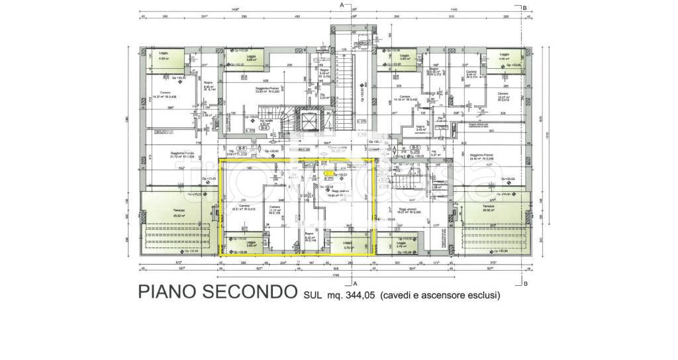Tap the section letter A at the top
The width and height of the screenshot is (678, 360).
(x=341, y=5)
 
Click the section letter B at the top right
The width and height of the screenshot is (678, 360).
(x=524, y=7)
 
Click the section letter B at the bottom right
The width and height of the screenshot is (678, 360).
(x=524, y=284)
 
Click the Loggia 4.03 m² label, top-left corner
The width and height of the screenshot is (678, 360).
(x=163, y=56)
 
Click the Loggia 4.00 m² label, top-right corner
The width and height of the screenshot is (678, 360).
(x=505, y=56)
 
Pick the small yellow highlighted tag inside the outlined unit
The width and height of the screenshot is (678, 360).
(x=328, y=173)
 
